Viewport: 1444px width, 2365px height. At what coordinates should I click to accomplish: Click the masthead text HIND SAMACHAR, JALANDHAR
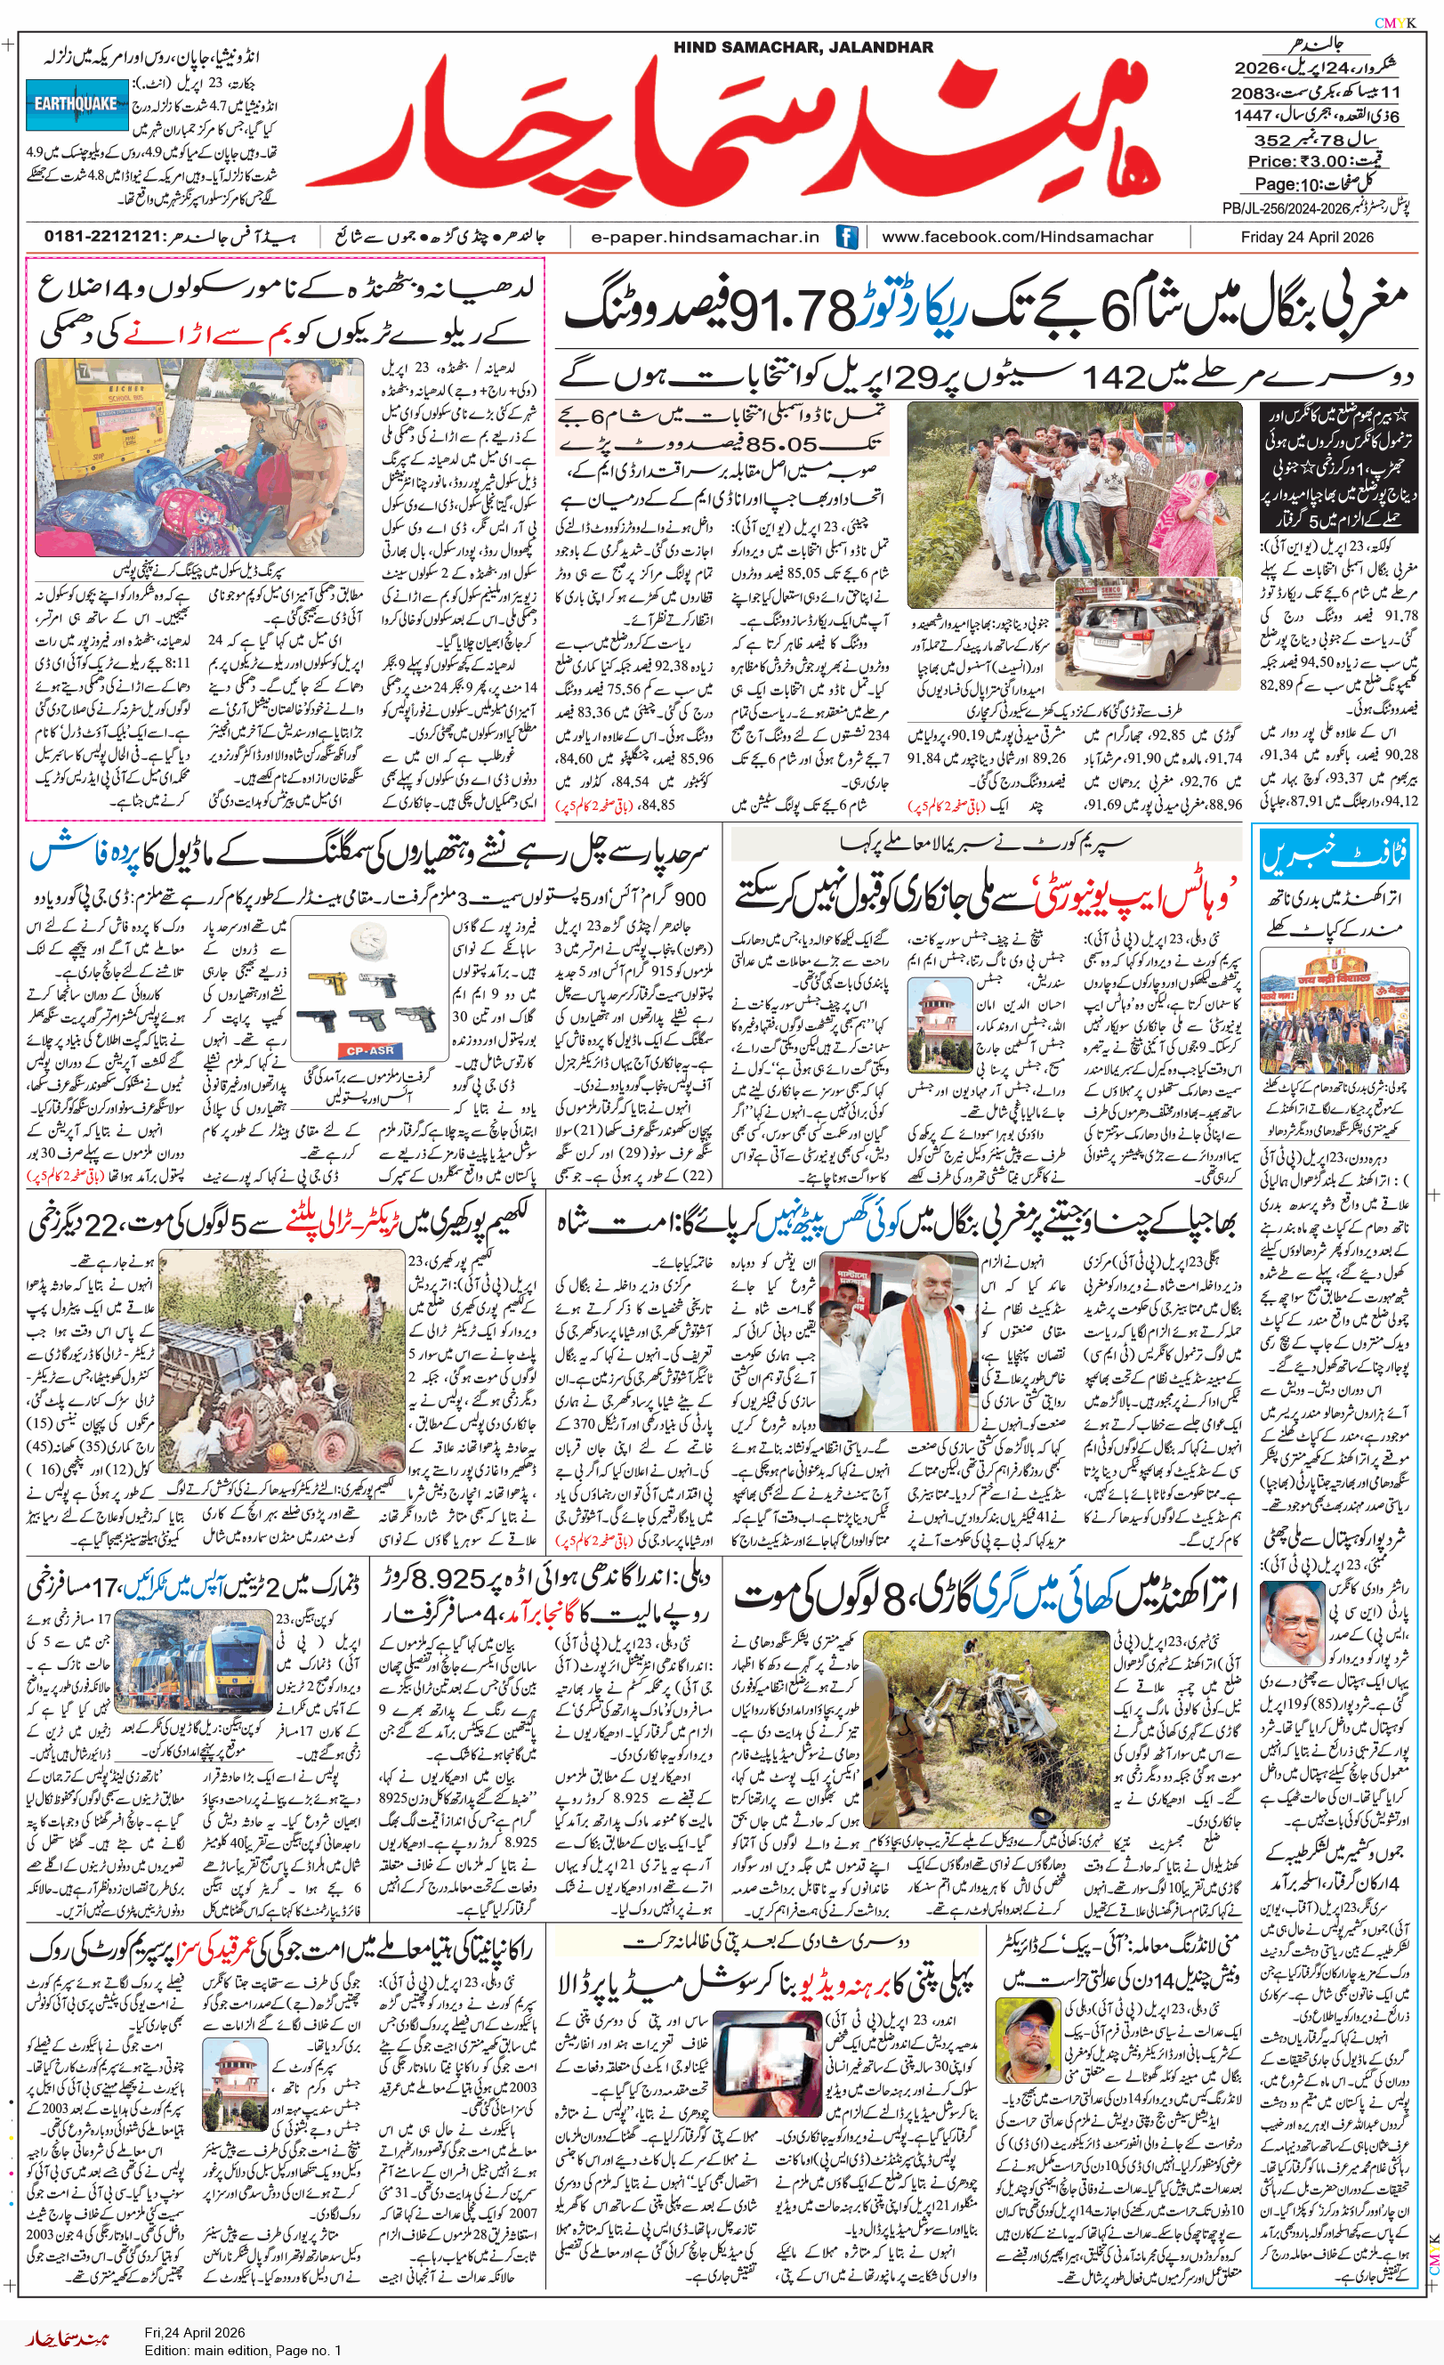803,47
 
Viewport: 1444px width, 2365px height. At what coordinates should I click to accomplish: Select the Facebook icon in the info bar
846,237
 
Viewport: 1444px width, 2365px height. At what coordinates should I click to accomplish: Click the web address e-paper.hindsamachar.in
706,237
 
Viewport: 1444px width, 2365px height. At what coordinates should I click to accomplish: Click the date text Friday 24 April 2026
1306,237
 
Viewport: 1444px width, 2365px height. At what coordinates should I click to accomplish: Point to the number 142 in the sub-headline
1118,377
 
